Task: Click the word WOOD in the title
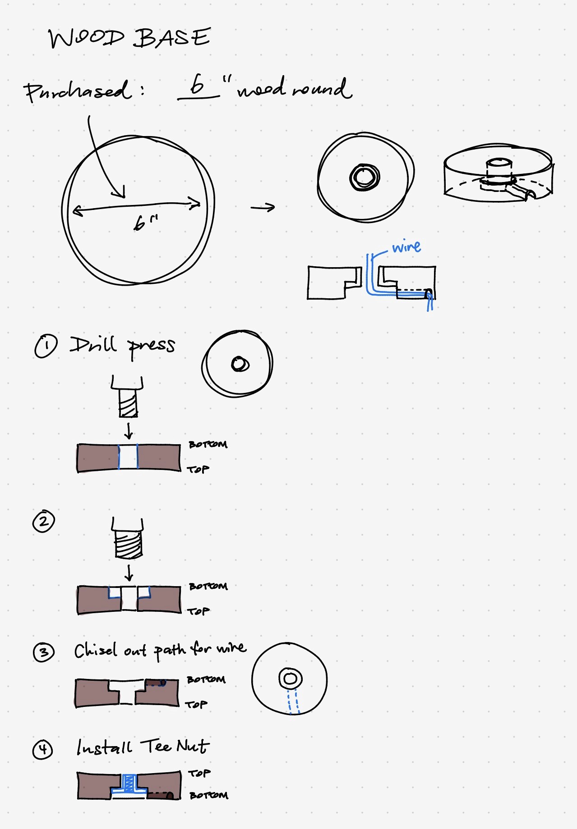tap(86, 38)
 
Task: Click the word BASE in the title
tap(172, 37)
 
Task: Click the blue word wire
tap(406, 246)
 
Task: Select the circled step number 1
tap(46, 346)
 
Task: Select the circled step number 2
tap(43, 521)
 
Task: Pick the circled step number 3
tap(44, 652)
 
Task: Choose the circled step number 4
tap(43, 749)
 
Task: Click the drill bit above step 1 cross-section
tap(128, 397)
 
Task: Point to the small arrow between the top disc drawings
tap(263, 207)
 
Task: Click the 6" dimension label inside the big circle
tap(146, 223)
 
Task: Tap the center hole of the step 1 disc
tap(240, 364)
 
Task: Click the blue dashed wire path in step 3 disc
tap(293, 701)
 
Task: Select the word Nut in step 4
tap(193, 746)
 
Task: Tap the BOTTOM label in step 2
tap(208, 586)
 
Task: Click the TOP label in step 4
tap(199, 773)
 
